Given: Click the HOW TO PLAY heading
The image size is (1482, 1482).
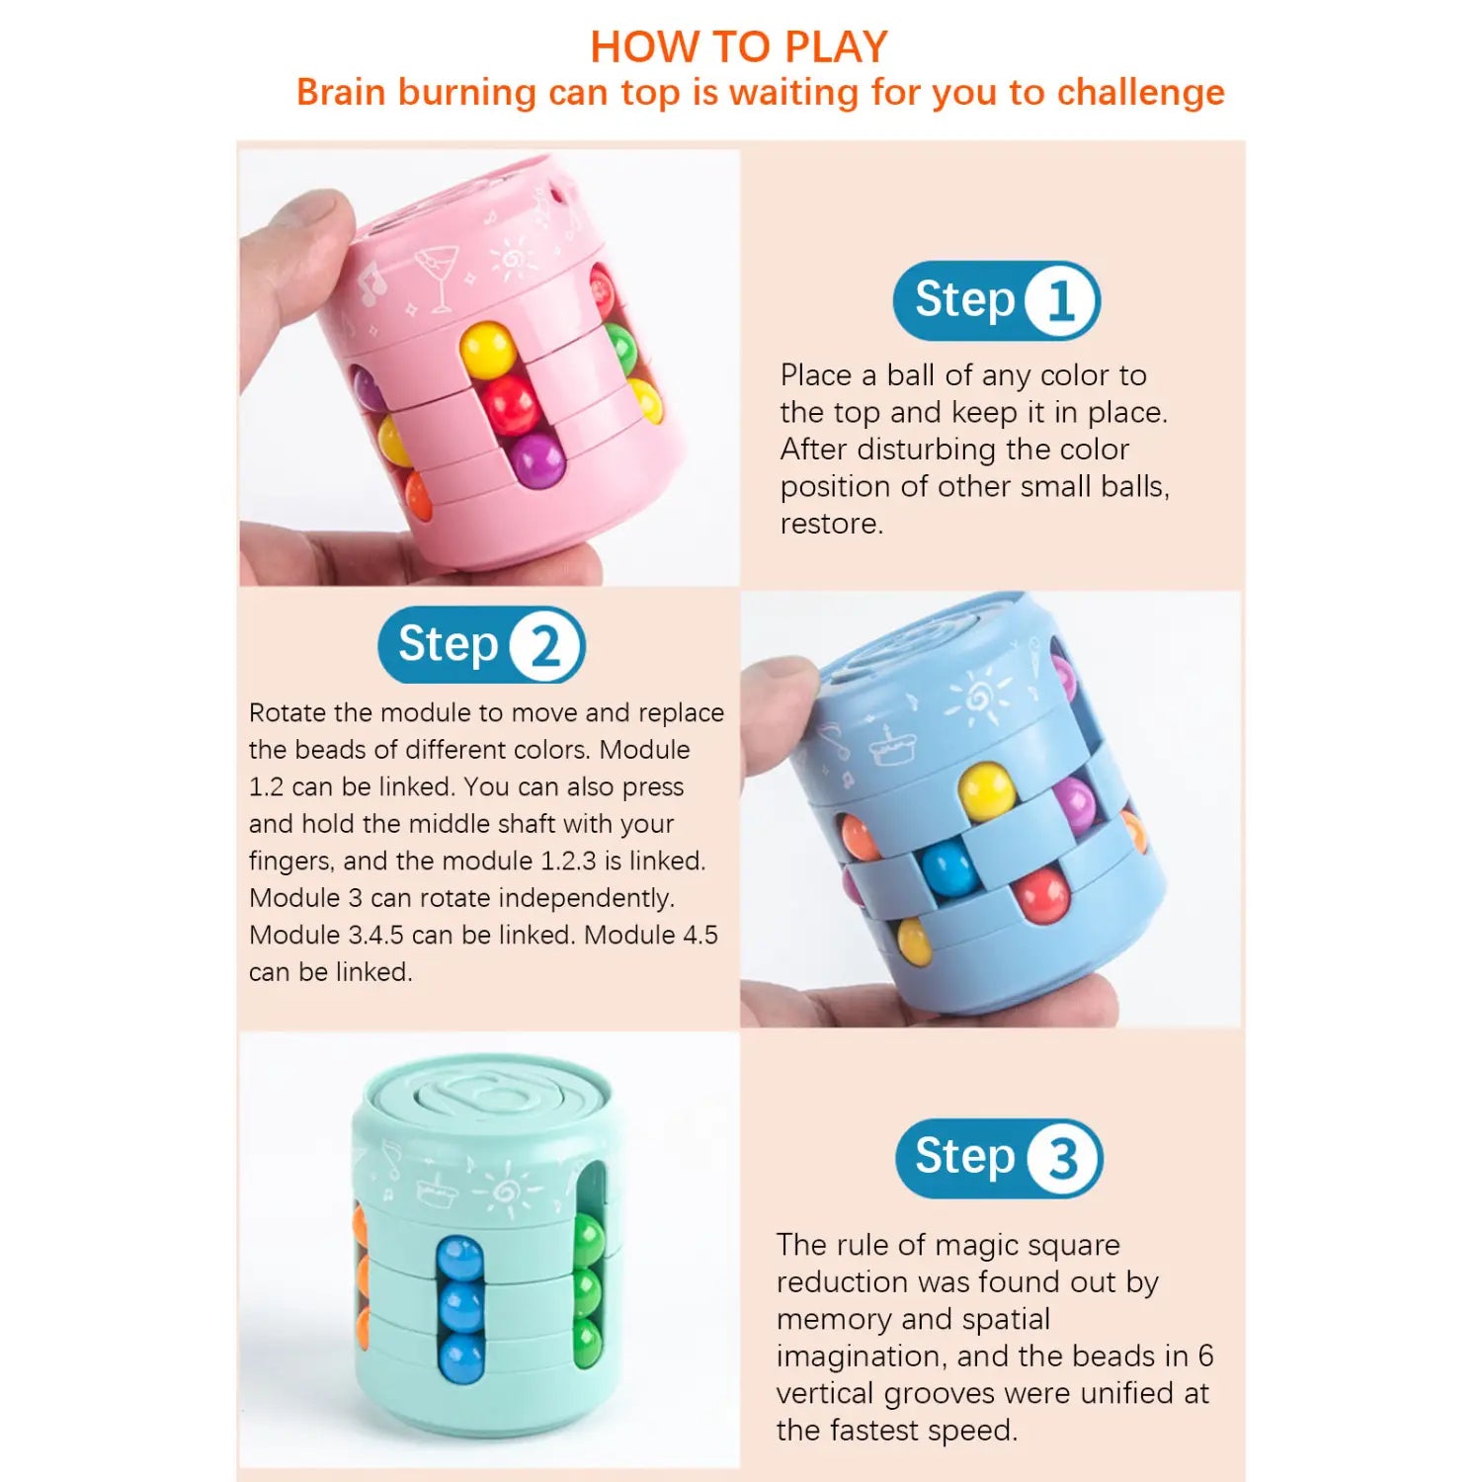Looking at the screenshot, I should tap(739, 46).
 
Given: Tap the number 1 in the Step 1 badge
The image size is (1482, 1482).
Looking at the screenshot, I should tap(1060, 300).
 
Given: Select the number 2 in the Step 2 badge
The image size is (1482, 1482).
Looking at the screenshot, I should tap(545, 647).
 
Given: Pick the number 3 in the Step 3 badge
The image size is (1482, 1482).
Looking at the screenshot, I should tap(1062, 1158).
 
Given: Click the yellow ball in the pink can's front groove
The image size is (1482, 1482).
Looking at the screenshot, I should tap(487, 349).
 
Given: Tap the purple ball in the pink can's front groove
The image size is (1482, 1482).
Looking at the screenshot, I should tap(537, 458).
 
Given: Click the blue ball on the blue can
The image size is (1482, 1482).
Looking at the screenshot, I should tap(948, 867).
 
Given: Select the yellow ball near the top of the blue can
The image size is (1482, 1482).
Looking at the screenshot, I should tap(986, 790).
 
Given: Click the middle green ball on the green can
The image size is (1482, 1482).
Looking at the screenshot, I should tap(588, 1289).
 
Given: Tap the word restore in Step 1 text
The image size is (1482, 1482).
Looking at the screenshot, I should tap(830, 524).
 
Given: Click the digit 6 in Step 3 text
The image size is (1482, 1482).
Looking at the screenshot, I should tap(1204, 1356).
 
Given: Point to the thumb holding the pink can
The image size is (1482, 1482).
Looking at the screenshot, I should tap(296, 257).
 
